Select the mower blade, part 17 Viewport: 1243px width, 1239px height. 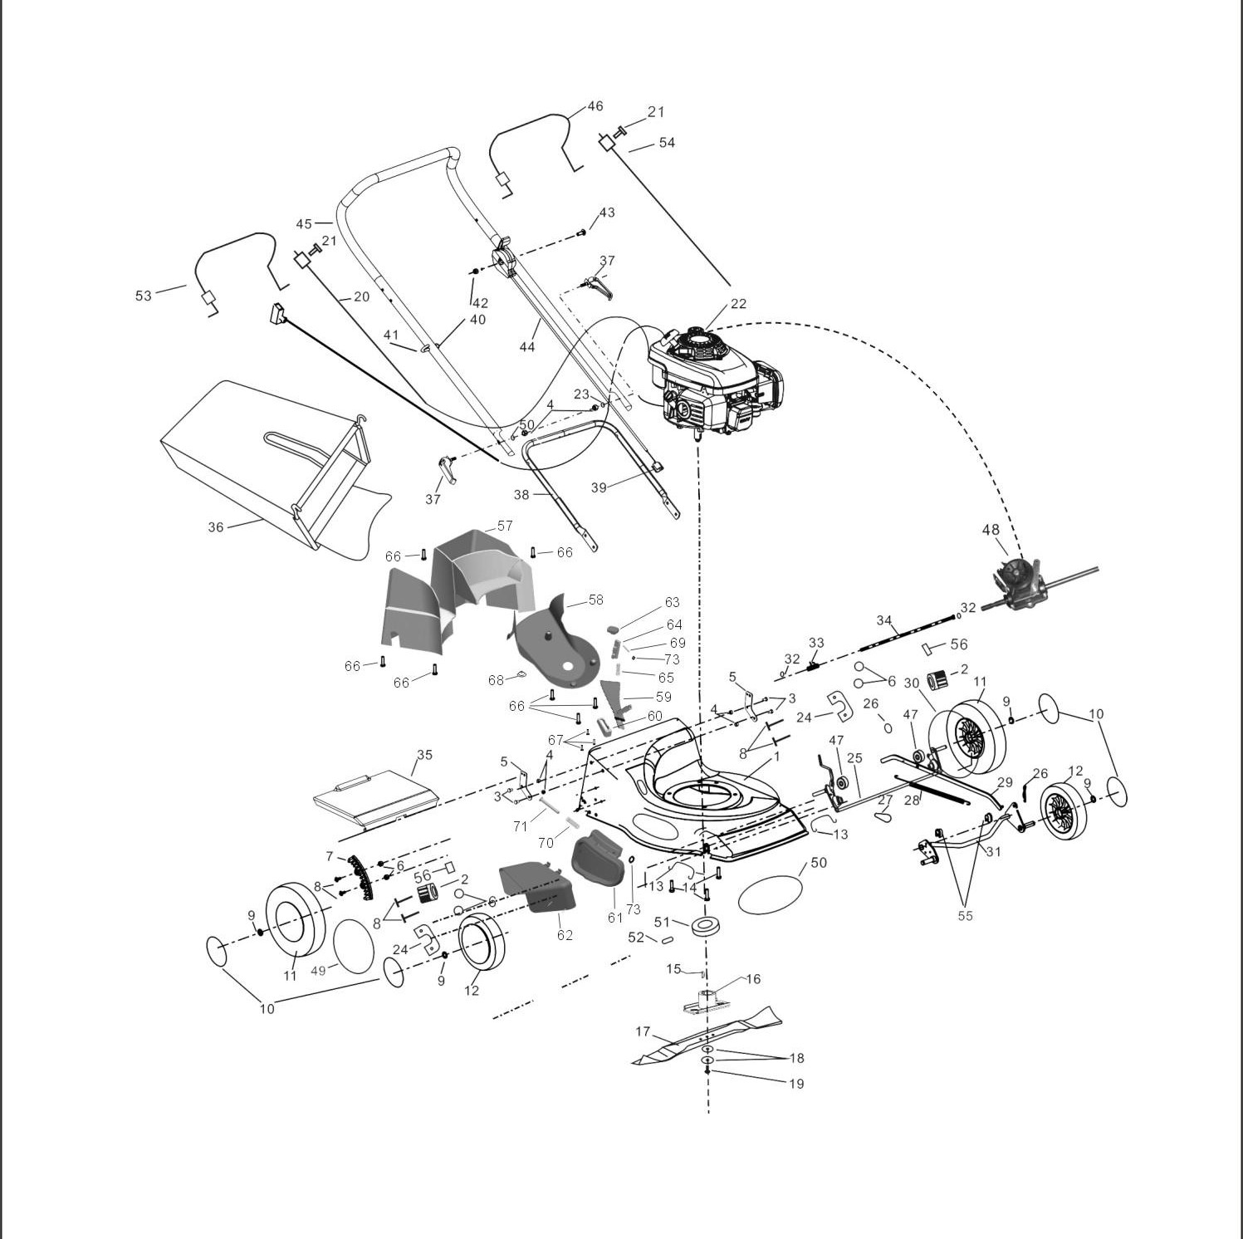click(x=706, y=1034)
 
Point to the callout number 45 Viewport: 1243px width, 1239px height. click(x=304, y=224)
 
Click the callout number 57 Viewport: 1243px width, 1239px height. click(x=505, y=526)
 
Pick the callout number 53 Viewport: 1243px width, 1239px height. click(x=144, y=295)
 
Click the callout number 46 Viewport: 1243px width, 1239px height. click(x=595, y=106)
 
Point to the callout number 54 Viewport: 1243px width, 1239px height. click(x=667, y=143)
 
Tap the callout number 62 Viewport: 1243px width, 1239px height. click(x=565, y=935)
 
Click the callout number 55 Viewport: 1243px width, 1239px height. click(x=965, y=916)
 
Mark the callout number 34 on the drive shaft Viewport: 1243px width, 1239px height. click(x=884, y=621)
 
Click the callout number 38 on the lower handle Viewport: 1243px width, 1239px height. click(x=521, y=495)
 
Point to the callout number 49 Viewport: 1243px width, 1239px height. click(x=319, y=970)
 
